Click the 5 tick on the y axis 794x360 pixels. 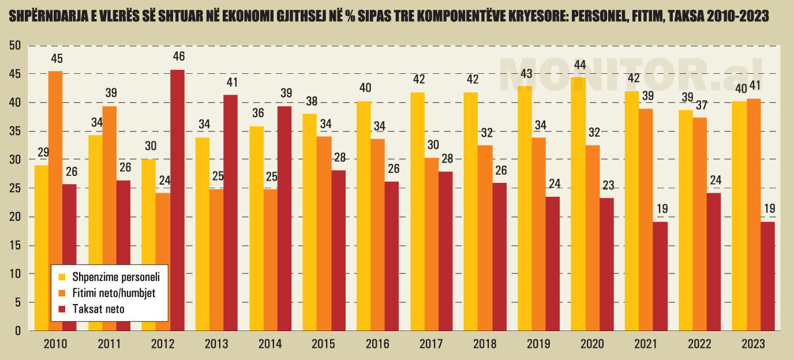[18, 302]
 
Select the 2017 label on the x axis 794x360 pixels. [431, 344]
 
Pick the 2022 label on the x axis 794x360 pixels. [699, 344]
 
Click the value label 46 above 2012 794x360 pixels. [179, 57]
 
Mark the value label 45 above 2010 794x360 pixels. [57, 58]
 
